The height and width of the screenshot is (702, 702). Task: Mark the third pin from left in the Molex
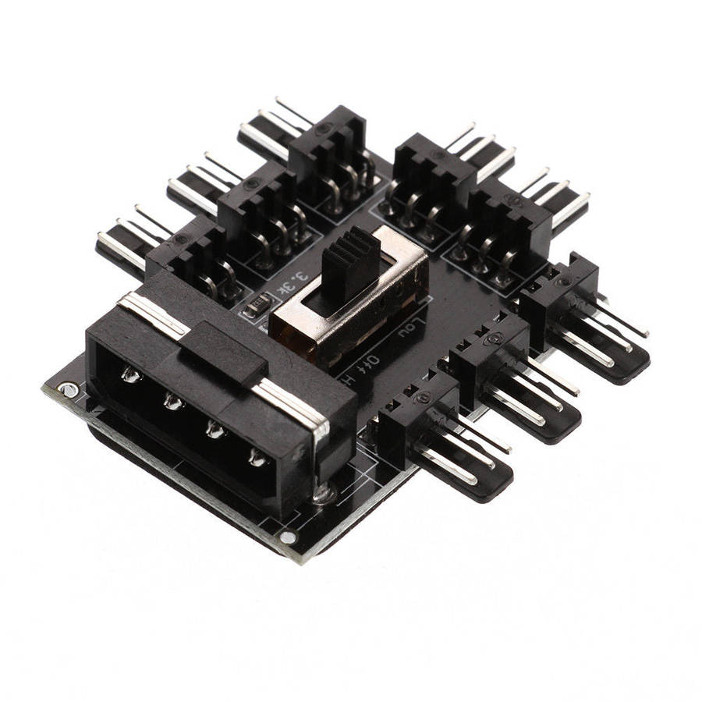point(213,429)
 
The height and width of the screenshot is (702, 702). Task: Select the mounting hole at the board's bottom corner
point(289,537)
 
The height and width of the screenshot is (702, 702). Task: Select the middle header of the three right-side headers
point(487,351)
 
